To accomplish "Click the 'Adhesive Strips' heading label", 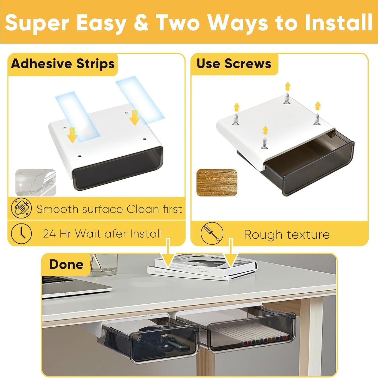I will pos(63,64).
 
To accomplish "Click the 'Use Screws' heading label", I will pos(234,64).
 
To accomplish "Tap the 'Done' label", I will pos(66,264).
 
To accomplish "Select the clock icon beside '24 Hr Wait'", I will pos(21,233).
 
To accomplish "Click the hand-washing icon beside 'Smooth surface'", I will pos(21,209).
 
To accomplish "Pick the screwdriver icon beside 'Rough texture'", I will pos(212,233).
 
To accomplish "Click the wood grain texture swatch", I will pos(217,183).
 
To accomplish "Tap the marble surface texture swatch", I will pos(36,182).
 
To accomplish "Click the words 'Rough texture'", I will pos(286,234).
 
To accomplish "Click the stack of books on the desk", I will pos(201,269).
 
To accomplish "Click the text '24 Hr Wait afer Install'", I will pos(102,233).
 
